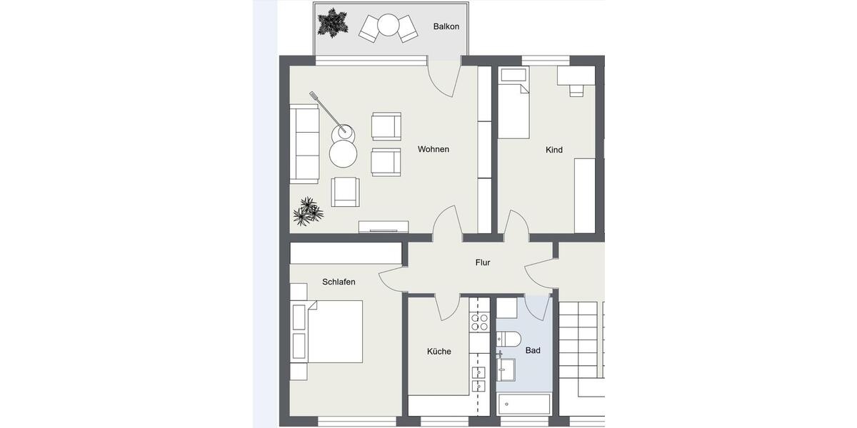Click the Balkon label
click(446, 26)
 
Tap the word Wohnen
click(433, 149)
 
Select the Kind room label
click(554, 150)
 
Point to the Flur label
click(483, 263)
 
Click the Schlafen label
click(339, 282)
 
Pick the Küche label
click(438, 351)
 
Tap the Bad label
click(533, 350)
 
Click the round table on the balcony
click(388, 25)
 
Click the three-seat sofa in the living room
click(304, 143)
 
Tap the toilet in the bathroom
click(510, 339)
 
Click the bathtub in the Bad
click(524, 404)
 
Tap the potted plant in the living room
click(308, 212)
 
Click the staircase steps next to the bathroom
click(579, 339)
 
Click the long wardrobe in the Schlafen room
click(346, 253)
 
